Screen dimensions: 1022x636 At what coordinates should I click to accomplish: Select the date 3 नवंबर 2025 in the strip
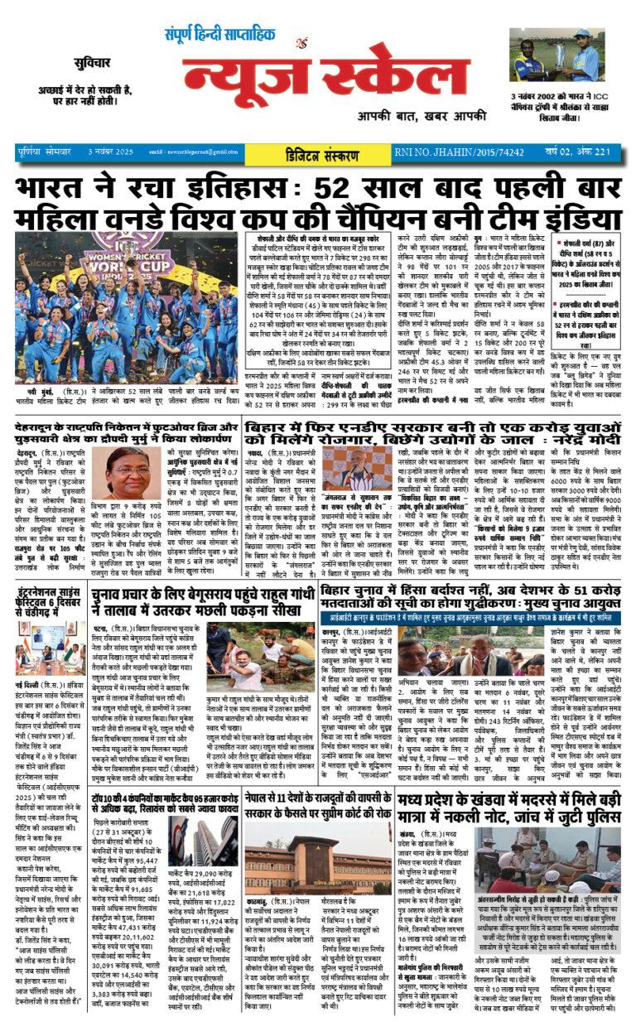pyautogui.click(x=113, y=152)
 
